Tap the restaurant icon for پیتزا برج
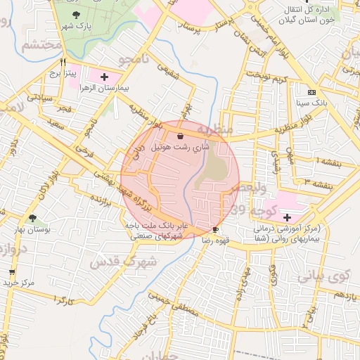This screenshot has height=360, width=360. tap(64, 61)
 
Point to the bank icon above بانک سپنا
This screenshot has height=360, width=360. tap(312, 92)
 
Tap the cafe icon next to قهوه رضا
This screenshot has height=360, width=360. tap(215, 229)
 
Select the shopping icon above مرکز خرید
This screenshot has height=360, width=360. tap(12, 271)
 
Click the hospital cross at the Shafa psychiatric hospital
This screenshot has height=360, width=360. tap(287, 218)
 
